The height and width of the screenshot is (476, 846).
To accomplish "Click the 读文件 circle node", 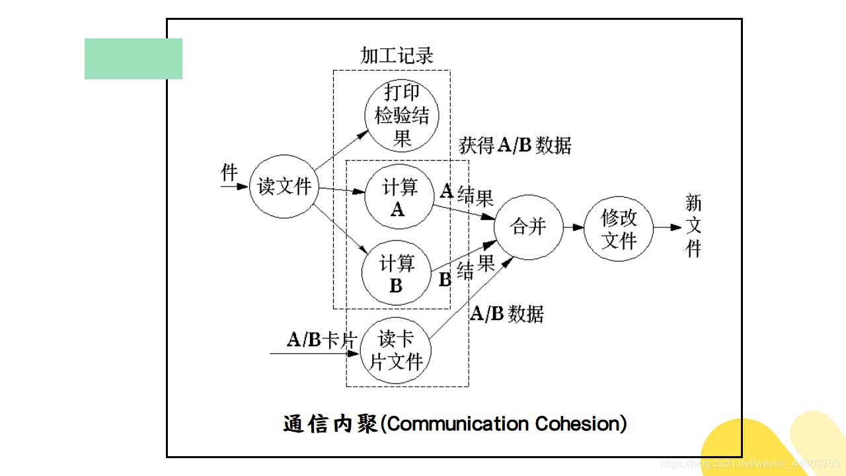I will pyautogui.click(x=284, y=187).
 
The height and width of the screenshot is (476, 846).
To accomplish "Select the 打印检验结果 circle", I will pyautogui.click(x=402, y=116).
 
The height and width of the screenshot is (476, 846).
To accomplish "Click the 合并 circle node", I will pyautogui.click(x=528, y=227).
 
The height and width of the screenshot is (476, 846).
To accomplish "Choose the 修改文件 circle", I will pyautogui.click(x=619, y=228).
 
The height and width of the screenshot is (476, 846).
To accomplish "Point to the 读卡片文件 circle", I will pyautogui.click(x=396, y=350).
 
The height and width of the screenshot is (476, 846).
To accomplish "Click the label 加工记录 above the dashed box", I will pyautogui.click(x=397, y=56).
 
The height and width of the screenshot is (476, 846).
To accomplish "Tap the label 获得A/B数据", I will pyautogui.click(x=515, y=145).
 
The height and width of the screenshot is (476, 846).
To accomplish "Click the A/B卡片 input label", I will pyautogui.click(x=322, y=340).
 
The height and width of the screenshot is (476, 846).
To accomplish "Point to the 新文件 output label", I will pyautogui.click(x=693, y=226).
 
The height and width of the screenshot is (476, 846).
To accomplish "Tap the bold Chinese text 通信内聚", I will pyautogui.click(x=330, y=424).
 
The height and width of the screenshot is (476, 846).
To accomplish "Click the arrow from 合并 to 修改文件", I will pyautogui.click(x=573, y=227).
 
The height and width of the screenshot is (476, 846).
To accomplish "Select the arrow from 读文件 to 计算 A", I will pyautogui.click(x=342, y=191).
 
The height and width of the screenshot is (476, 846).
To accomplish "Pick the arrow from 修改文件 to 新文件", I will pyautogui.click(x=668, y=227).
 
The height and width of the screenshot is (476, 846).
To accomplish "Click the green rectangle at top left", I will pyautogui.click(x=134, y=59).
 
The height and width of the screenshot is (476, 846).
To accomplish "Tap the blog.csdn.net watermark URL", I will pyautogui.click(x=751, y=465).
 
